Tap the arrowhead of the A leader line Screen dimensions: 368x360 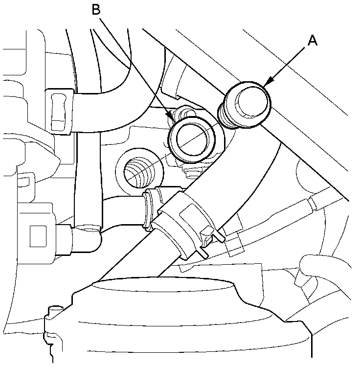tap(266, 84)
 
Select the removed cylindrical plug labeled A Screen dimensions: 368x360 tap(249, 104)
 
